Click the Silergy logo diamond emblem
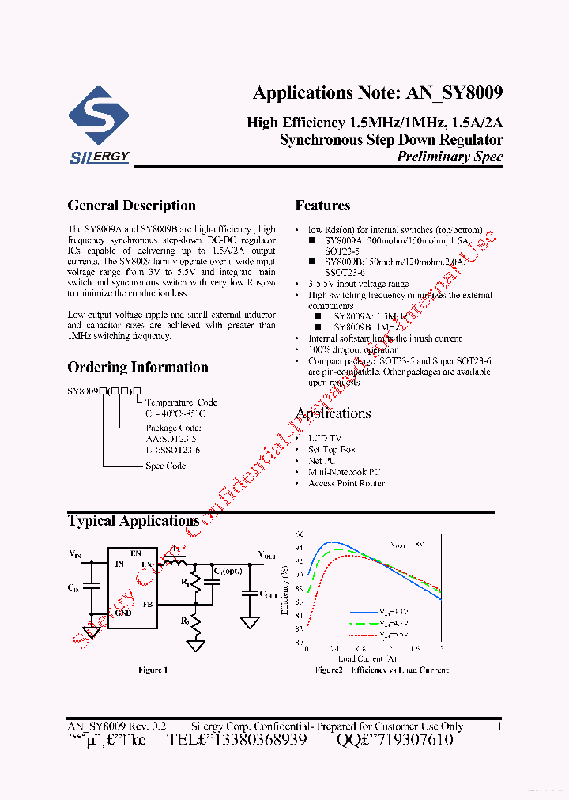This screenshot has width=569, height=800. (99, 118)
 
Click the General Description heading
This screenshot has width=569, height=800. (131, 206)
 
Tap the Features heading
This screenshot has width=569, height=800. (322, 206)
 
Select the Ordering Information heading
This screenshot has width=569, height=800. (138, 368)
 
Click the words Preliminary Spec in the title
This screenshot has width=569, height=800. (450, 156)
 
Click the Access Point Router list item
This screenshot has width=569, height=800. (346, 483)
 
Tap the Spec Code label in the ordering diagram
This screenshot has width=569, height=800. (165, 466)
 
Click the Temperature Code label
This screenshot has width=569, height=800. (180, 402)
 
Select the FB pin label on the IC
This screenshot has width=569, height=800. (147, 604)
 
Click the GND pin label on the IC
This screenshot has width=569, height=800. (123, 612)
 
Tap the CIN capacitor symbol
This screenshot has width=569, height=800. (92, 587)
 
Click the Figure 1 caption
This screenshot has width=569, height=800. (153, 670)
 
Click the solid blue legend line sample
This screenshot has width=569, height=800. (362, 613)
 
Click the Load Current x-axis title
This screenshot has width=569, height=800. (367, 658)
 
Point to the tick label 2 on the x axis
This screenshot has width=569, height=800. (441, 648)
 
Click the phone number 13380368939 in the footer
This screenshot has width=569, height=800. (252, 740)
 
